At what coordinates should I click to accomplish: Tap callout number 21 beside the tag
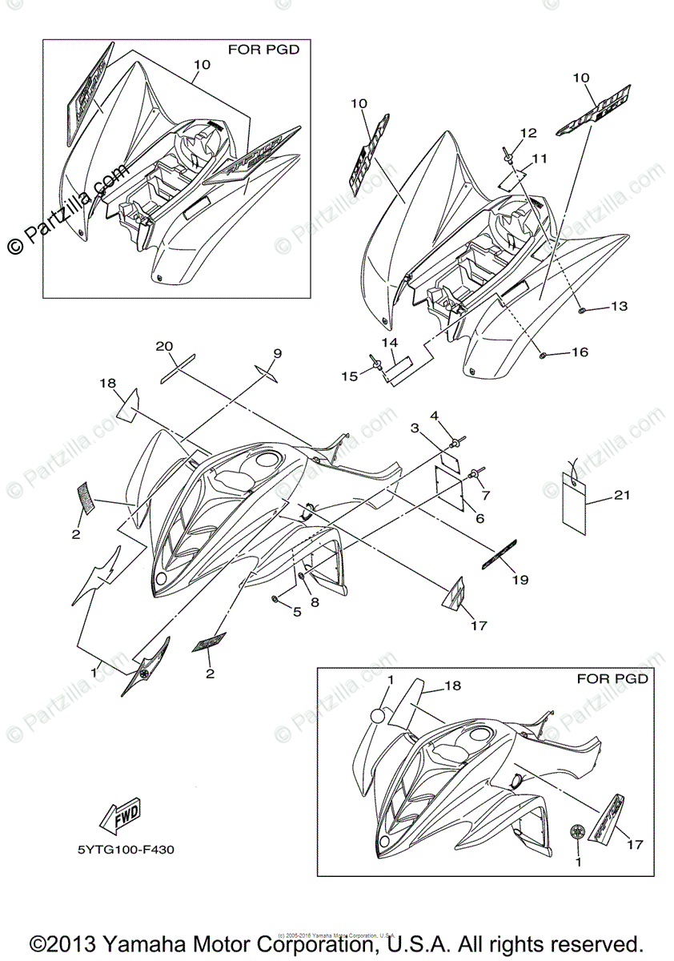click(622, 496)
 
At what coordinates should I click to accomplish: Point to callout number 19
click(520, 580)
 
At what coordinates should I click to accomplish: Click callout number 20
click(164, 346)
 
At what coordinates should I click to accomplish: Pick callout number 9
click(277, 352)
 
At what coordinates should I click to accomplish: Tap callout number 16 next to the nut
click(580, 352)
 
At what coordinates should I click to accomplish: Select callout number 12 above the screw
click(528, 132)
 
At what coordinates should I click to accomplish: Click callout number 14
click(390, 343)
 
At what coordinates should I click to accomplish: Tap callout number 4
click(435, 416)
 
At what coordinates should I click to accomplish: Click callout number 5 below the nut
click(296, 613)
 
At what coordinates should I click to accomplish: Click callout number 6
click(479, 519)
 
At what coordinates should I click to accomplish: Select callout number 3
click(415, 428)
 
